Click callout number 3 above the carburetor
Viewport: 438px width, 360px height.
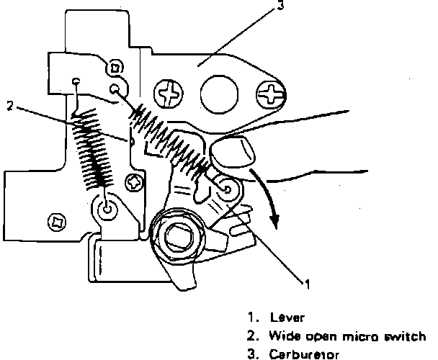(x=280, y=5)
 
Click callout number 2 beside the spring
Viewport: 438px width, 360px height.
(x=10, y=106)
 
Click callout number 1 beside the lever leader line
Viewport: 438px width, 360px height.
(x=308, y=284)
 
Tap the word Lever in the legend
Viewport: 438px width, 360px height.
(x=287, y=318)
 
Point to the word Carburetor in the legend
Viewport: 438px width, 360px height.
(x=304, y=354)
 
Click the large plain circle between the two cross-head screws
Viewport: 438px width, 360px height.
(x=219, y=94)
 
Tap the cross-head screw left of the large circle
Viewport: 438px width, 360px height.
(x=169, y=94)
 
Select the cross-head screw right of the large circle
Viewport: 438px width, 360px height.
(x=271, y=94)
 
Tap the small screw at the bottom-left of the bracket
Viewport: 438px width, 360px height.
(x=58, y=222)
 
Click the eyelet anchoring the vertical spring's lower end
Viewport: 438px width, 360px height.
(x=107, y=209)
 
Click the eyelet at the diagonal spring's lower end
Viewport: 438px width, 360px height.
(x=228, y=190)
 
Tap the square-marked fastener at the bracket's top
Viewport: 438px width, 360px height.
(x=115, y=68)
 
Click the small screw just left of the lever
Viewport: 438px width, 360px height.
(x=135, y=183)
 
